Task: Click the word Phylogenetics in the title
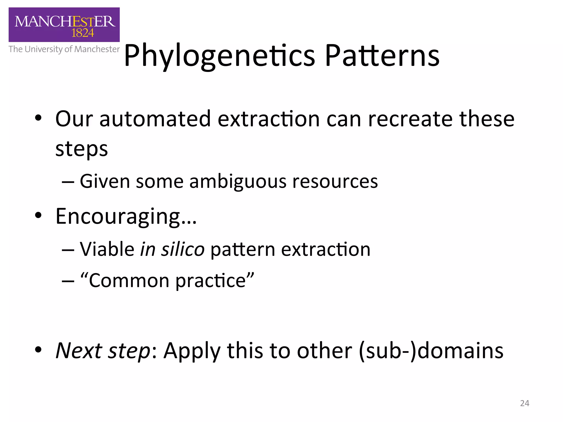tap(219, 56)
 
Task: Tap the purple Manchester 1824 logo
tap(64, 25)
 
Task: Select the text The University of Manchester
tap(64, 49)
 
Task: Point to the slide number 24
tap(525, 403)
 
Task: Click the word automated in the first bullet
tap(155, 119)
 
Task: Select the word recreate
tap(410, 119)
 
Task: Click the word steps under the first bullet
tap(81, 149)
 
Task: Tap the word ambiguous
tap(238, 182)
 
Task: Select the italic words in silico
tap(172, 249)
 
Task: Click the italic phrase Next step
tap(103, 351)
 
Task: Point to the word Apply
tap(192, 351)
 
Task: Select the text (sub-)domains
tap(431, 351)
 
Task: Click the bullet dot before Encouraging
tap(38, 216)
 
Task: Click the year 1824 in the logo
tap(82, 33)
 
